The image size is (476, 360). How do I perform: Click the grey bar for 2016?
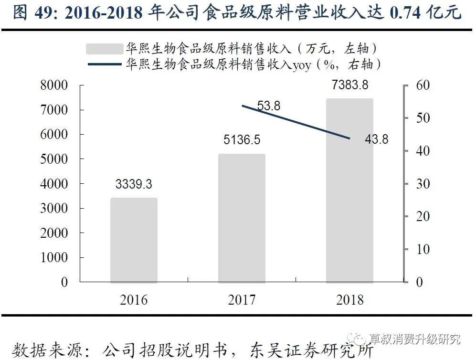pos(134,240)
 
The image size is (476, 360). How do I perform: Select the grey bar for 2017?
pos(242,218)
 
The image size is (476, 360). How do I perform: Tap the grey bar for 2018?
pos(349,191)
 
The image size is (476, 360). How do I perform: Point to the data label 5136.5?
pos(242,140)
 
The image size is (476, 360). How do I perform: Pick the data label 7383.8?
pos(350,85)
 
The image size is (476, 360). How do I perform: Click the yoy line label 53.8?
pos(269,106)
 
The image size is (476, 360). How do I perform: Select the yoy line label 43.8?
pos(377,140)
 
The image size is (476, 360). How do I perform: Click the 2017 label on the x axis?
pos(242,300)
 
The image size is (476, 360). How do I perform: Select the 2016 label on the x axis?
pos(134,300)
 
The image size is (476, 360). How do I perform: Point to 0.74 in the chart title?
pos(405,13)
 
